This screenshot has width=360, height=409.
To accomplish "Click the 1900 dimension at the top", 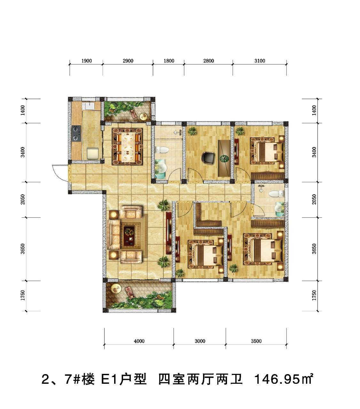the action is tap(86, 61).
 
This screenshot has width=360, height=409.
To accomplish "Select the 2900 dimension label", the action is tap(128, 61).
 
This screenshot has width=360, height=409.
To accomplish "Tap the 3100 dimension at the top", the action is tap(260, 61).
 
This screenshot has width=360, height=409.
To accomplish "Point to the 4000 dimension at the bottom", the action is tap(139, 341).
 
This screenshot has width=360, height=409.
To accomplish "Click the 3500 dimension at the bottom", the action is tap(256, 341).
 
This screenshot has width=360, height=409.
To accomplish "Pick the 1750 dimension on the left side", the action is tap(23, 295).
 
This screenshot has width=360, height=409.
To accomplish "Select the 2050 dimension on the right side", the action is tap(314, 199).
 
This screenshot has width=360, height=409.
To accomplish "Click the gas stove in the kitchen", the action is tap(76, 134).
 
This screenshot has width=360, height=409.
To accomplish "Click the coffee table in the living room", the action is tap(129, 236).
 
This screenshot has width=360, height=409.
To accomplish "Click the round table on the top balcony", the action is tap(144, 116).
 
